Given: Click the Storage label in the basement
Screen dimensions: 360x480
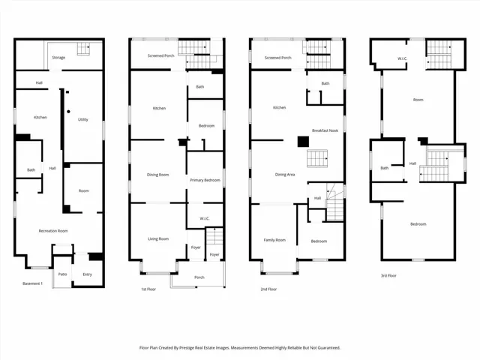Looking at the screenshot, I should click(x=58, y=57).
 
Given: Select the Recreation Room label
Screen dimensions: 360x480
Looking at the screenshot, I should click(x=53, y=231).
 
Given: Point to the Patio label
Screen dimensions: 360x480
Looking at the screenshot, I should click(x=63, y=274).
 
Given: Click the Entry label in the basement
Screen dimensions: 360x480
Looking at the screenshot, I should click(x=87, y=274).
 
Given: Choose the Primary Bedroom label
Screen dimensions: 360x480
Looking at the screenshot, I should click(x=205, y=180).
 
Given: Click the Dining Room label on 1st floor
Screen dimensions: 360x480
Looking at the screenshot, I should click(x=158, y=175).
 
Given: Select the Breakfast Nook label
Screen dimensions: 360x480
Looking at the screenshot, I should click(x=325, y=130).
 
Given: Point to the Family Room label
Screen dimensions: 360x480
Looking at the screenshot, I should click(x=274, y=240).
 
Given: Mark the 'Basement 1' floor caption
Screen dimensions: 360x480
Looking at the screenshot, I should click(x=33, y=283).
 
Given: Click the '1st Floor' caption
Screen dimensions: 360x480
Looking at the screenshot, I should click(x=149, y=289).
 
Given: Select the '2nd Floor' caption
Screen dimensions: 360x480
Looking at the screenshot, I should click(x=269, y=289).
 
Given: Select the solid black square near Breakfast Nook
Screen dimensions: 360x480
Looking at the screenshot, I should click(x=303, y=141).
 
